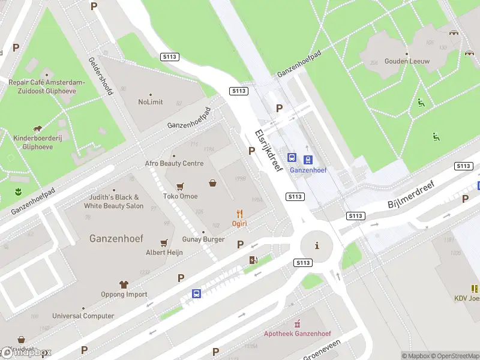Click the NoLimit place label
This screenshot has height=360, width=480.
click(150, 102)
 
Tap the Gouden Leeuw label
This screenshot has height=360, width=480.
click(407, 61)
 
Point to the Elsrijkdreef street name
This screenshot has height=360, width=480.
click(268, 151)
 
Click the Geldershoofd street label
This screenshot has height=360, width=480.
click(101, 77)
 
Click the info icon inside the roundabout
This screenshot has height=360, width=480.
click(316, 245)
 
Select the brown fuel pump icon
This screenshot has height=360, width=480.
click(253, 259)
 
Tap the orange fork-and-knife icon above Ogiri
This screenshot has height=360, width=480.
click(240, 213)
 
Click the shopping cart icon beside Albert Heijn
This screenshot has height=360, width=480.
click(164, 243)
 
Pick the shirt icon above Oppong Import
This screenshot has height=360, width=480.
click(124, 284)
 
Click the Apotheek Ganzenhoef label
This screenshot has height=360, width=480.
click(298, 334)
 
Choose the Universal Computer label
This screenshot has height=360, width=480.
click(83, 316)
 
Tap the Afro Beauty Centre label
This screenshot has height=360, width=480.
click(174, 163)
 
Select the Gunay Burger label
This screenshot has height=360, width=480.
click(203, 239)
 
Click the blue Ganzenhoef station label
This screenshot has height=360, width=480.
click(308, 170)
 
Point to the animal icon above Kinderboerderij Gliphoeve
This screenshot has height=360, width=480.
click(38, 128)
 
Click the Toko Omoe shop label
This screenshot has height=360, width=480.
click(180, 196)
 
